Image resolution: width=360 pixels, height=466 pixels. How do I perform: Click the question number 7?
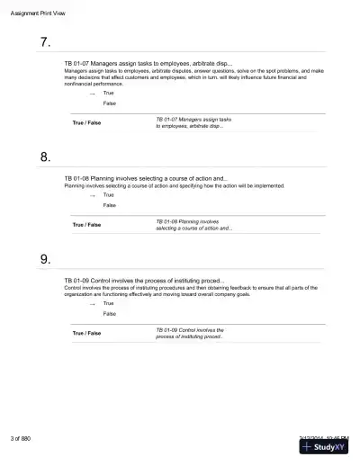pyautogui.click(x=46, y=43)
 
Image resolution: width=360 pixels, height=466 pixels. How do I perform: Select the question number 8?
pyautogui.click(x=46, y=157)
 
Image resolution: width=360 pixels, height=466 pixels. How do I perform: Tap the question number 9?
pyautogui.click(x=46, y=260)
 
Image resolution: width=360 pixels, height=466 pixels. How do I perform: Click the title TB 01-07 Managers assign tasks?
pyautogui.click(x=148, y=64)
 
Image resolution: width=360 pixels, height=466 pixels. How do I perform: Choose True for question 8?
pyautogui.click(x=109, y=195)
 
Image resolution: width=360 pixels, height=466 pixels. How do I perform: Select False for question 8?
pyautogui.click(x=110, y=206)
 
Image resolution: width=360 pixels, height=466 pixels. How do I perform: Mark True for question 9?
pyautogui.click(x=109, y=303)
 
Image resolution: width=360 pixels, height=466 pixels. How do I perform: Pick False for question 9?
pyautogui.click(x=110, y=314)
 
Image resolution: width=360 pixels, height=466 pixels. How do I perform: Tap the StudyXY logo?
pyautogui.click(x=326, y=449)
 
